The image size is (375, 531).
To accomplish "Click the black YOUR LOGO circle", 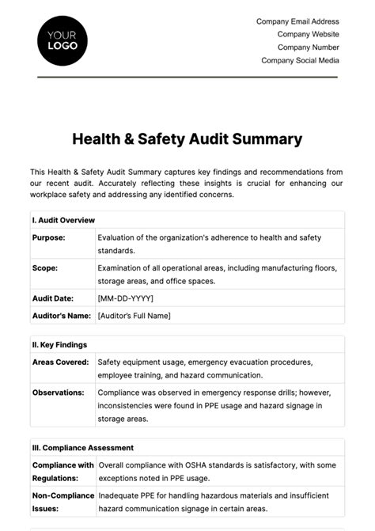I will tap(62, 40).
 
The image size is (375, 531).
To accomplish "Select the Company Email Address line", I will tap(297, 21).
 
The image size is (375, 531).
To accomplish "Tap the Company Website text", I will tap(308, 34).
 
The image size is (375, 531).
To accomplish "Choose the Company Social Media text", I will tap(300, 60).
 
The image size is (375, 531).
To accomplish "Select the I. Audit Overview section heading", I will tap(64, 219).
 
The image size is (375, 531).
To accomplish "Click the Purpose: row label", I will tap(49, 237).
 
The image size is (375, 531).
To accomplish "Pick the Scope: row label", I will tap(45, 267).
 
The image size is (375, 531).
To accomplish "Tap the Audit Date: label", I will tap(53, 298).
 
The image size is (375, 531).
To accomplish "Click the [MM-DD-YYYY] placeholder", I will tap(125, 298).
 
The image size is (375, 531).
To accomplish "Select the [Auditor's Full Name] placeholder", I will tap(134, 316).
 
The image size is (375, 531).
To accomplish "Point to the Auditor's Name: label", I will tap(62, 316).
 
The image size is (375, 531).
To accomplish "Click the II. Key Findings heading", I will tap(60, 344).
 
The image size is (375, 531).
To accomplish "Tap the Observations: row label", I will tap(58, 392).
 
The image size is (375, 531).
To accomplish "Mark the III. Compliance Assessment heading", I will tap(83, 448).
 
